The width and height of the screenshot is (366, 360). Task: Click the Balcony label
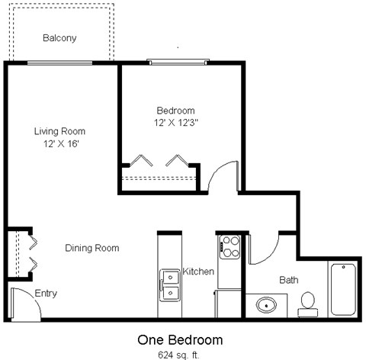[59, 37]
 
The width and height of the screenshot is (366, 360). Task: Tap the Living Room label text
[59, 131]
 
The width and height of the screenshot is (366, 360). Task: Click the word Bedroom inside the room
[175, 110]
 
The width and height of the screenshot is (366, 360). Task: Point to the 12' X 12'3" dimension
[175, 121]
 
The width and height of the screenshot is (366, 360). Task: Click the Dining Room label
[91, 248]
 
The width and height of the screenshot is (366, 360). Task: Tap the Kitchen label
[198, 272]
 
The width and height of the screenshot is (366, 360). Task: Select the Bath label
[288, 280]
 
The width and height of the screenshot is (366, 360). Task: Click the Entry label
[45, 293]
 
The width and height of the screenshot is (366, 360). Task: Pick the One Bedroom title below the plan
[180, 339]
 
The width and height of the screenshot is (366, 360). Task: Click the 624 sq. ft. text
[180, 354]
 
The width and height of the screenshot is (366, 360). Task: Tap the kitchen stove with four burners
[230, 246]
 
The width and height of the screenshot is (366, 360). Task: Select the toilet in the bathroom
[308, 303]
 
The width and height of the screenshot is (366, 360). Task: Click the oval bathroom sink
[267, 306]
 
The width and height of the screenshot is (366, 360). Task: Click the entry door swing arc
[24, 301]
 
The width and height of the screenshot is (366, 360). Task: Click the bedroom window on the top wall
[178, 61]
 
